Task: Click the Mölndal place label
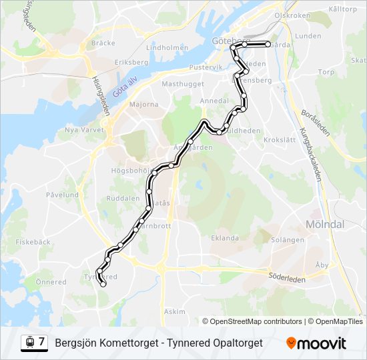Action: [x=324, y=225]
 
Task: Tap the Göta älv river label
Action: [x=125, y=85]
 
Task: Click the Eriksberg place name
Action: [x=131, y=62]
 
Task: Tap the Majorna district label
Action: [x=143, y=105]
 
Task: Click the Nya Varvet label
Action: [x=82, y=131]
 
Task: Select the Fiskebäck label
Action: [x=33, y=242]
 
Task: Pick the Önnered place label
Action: [x=51, y=282]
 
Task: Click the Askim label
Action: [x=175, y=311]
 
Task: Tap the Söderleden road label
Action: [x=287, y=277]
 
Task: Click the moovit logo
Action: [x=316, y=343]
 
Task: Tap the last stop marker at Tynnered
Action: [x=103, y=284]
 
